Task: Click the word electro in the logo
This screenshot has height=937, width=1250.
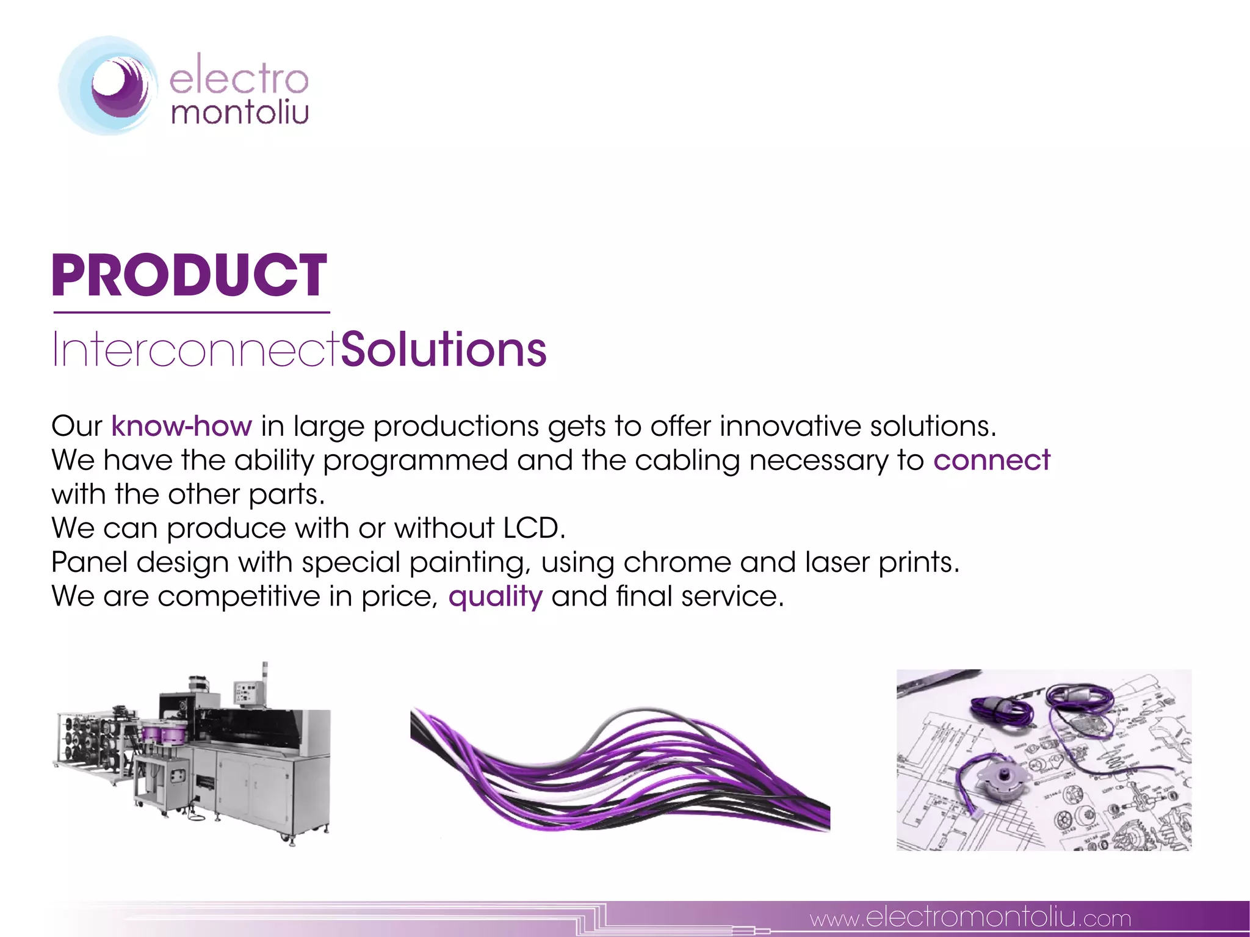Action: click(239, 80)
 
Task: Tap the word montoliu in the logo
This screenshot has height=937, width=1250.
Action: click(240, 114)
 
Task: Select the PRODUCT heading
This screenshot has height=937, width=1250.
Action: click(189, 276)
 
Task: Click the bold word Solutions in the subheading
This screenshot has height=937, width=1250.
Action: click(444, 350)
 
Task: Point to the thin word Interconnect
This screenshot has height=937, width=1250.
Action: click(195, 350)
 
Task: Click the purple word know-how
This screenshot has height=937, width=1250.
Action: click(181, 426)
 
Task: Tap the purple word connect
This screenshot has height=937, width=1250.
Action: click(992, 460)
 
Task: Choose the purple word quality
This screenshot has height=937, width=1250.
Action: click(495, 596)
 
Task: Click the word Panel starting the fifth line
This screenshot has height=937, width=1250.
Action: click(89, 562)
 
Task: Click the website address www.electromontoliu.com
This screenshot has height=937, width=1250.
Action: click(970, 917)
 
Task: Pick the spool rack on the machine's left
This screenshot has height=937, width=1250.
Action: click(92, 742)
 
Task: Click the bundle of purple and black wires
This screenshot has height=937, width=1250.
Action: click(620, 772)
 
